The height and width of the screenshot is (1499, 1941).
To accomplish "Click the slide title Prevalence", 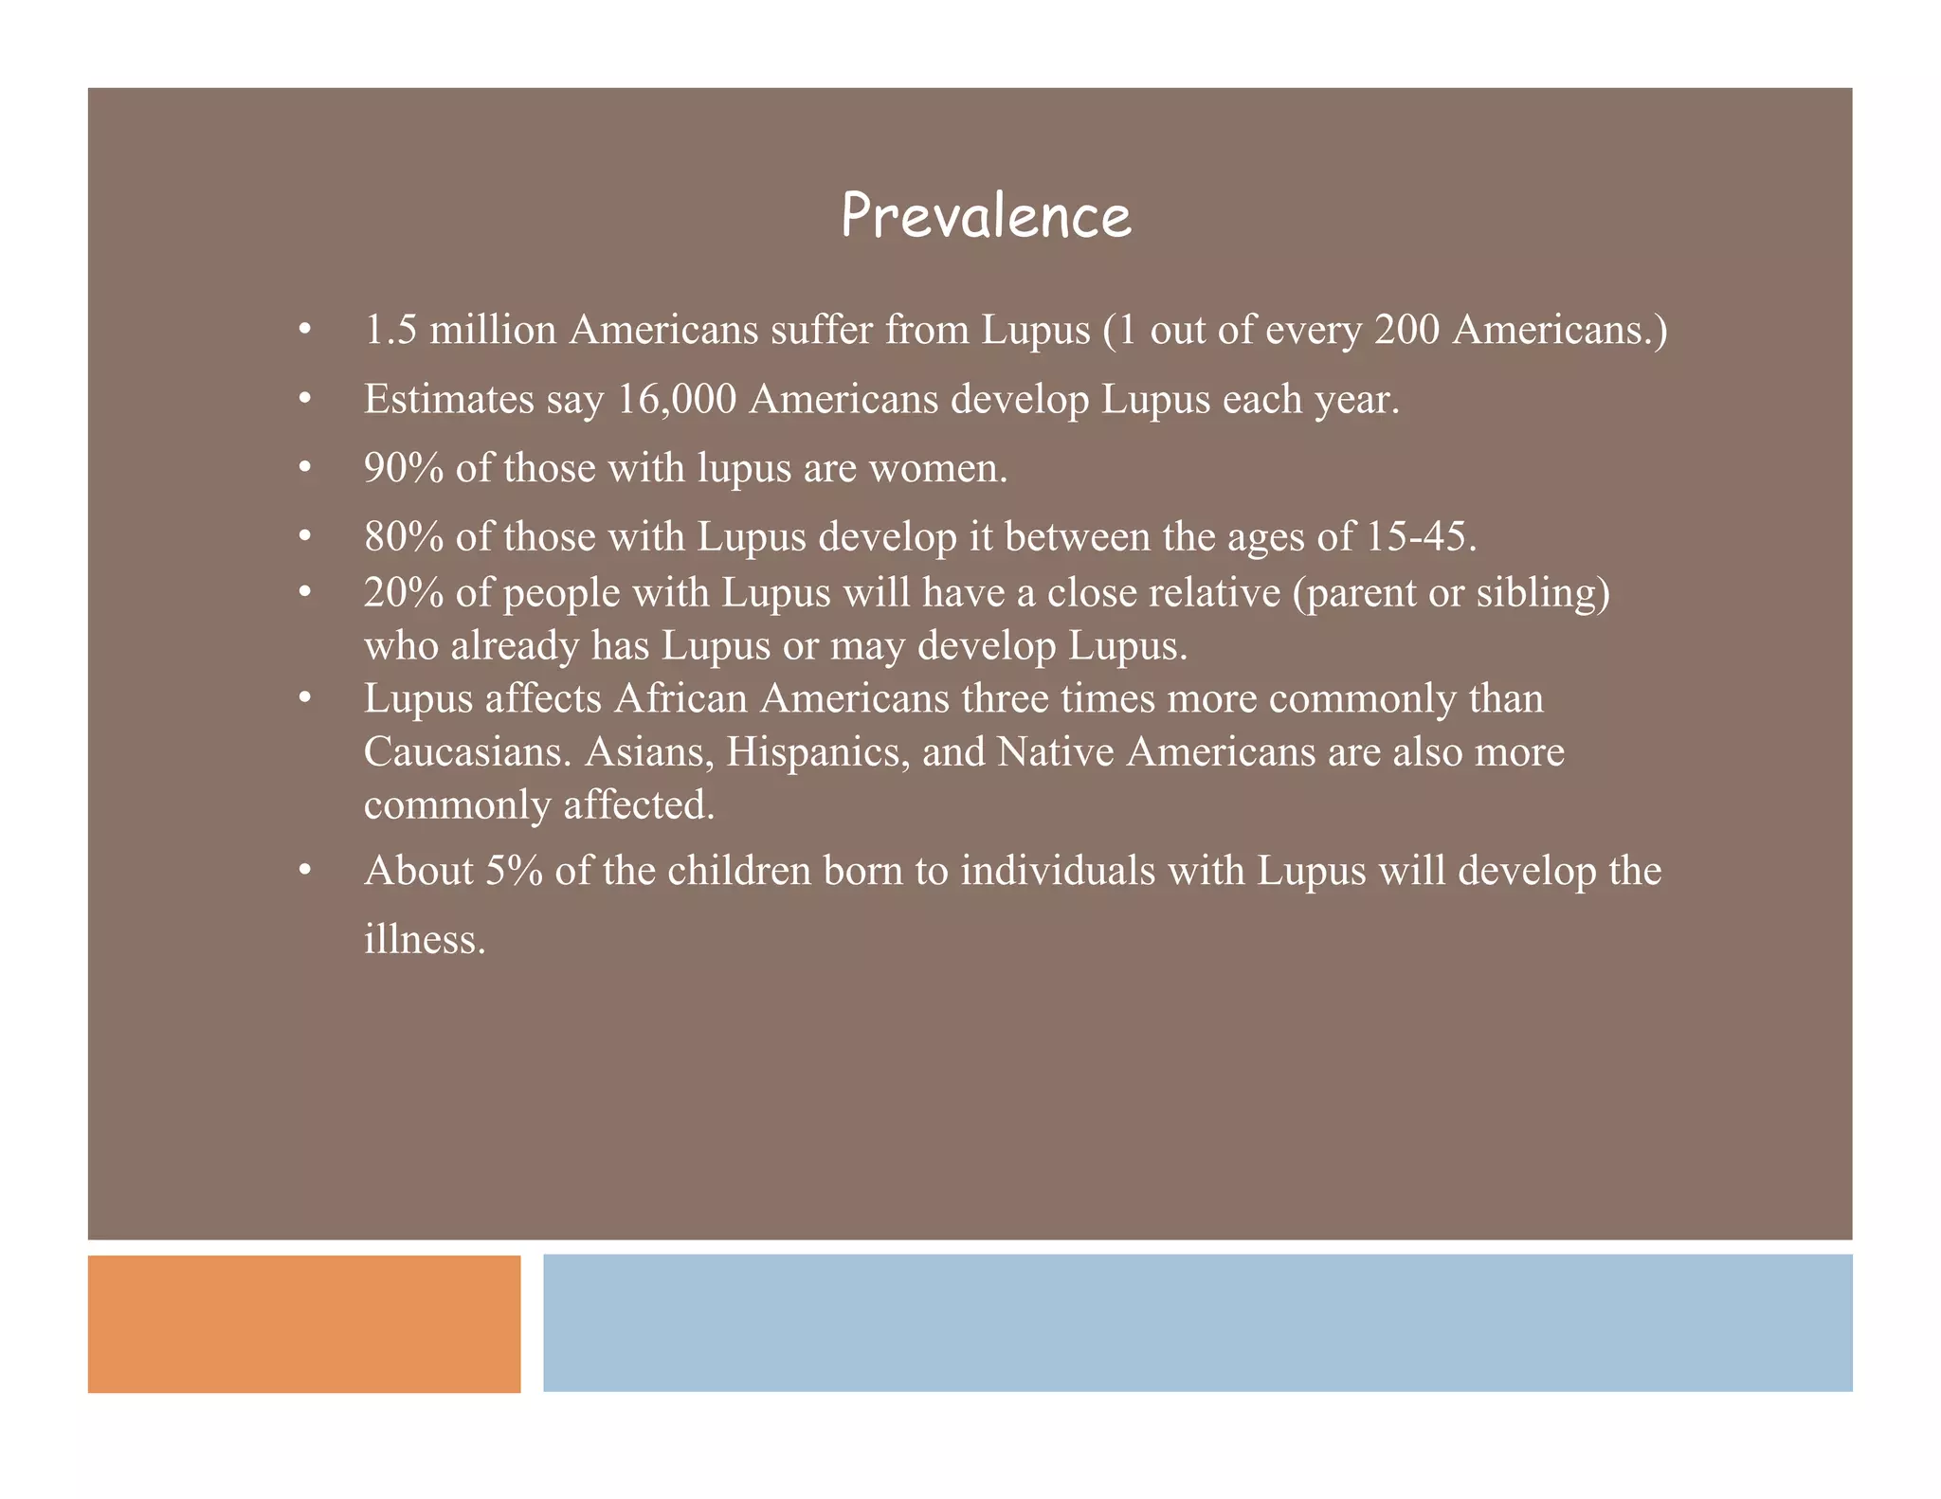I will point(986,216).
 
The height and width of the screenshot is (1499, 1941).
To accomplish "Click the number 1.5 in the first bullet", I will point(390,331).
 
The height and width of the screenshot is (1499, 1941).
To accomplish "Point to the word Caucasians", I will point(468,752).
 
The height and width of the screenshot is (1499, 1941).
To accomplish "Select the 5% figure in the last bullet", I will point(514,872).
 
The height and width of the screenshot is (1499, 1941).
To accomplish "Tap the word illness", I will point(424,940).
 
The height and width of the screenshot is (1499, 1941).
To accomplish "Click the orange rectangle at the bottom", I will point(304,1324).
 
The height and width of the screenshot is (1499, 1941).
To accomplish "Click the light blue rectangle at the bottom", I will point(1197,1324).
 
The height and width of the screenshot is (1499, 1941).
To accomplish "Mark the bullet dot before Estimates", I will point(304,400).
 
